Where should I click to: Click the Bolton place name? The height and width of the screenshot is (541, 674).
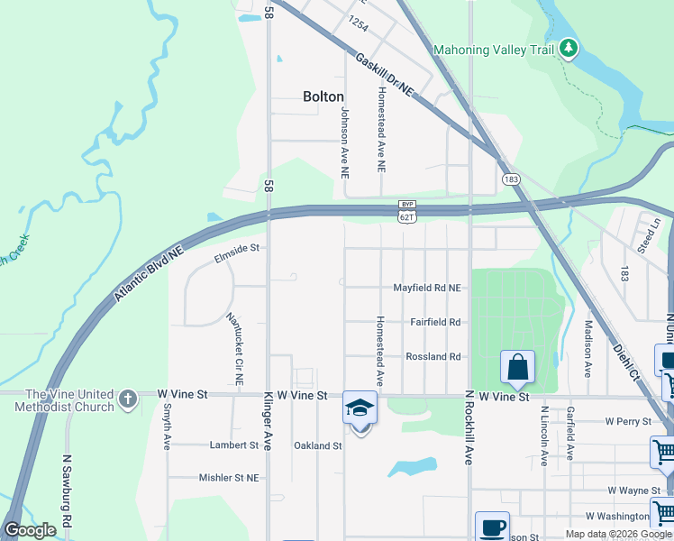[323, 96]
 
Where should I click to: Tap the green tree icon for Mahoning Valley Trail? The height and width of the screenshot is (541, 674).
[568, 49]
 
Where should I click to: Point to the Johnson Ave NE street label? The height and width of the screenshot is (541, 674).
[343, 142]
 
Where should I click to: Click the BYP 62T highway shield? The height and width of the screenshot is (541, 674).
[407, 212]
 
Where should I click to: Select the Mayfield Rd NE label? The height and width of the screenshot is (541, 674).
[427, 288]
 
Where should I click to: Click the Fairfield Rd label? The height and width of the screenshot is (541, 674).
[435, 322]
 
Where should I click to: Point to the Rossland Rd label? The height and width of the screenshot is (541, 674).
[433, 357]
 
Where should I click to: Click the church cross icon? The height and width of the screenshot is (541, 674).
[128, 398]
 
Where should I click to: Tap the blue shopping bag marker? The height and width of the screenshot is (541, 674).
[517, 368]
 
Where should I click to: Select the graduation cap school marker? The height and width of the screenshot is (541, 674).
[360, 408]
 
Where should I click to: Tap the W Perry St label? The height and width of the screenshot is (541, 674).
[628, 421]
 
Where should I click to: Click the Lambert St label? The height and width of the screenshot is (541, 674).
[234, 445]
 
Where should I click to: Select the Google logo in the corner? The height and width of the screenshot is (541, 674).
[30, 531]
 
